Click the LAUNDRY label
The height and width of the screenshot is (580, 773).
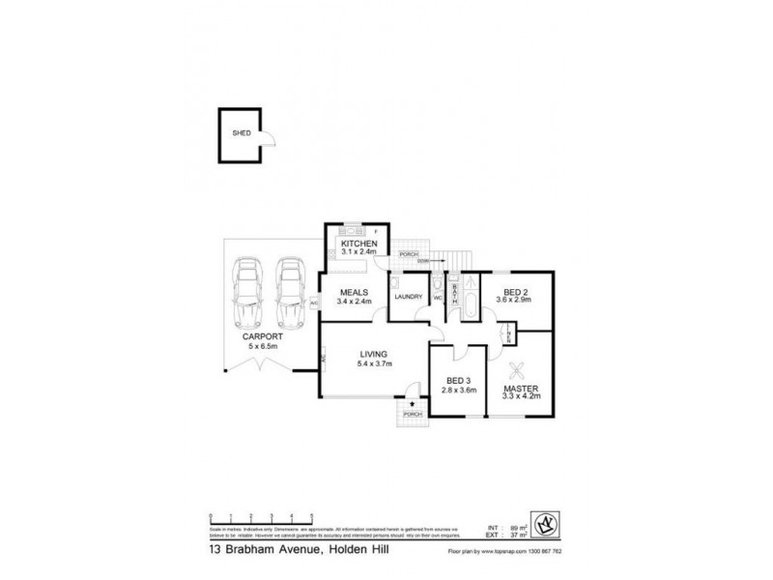click(407, 297)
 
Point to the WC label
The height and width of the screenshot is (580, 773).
click(437, 298)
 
